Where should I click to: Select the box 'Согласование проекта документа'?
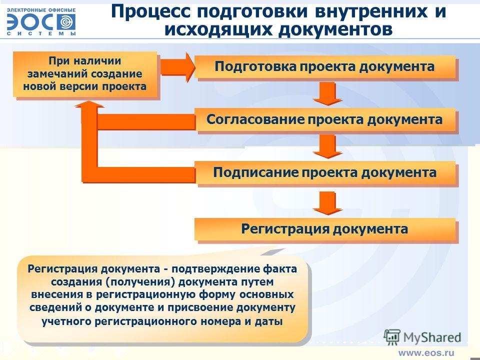tap(325, 119)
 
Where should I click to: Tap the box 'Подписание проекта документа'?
tap(325, 172)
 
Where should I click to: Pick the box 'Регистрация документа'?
tap(325, 229)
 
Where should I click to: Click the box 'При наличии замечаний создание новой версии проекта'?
tap(85, 74)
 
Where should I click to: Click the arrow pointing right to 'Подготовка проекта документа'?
tap(177, 67)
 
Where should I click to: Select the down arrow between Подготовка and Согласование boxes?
tap(327, 93)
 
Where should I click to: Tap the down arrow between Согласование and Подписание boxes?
tap(327, 146)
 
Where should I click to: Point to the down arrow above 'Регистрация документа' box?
tap(327, 203)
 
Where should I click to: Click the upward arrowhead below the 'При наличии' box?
tap(89, 104)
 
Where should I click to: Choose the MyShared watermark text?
tap(432, 337)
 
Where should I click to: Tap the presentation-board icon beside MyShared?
tap(392, 337)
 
